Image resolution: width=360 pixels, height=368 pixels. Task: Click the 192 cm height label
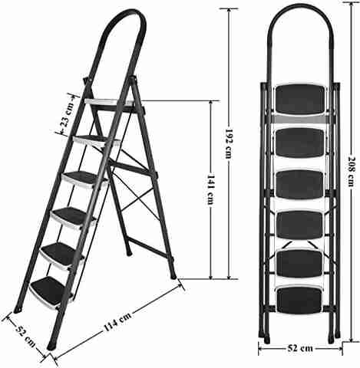tap(228, 143)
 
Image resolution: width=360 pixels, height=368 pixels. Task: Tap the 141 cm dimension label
tap(210, 189)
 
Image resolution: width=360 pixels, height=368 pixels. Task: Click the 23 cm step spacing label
tap(65, 115)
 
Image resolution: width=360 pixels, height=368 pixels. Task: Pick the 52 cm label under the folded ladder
tap(300, 348)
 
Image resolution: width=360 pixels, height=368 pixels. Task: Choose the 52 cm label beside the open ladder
tap(25, 336)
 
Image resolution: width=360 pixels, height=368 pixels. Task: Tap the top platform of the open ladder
tap(110, 102)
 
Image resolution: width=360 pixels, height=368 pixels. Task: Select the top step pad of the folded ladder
tap(301, 100)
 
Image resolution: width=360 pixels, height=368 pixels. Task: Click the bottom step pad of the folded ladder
tap(299, 301)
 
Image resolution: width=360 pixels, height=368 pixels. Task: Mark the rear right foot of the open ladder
tap(173, 275)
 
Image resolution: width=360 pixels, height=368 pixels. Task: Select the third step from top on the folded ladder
tap(300, 184)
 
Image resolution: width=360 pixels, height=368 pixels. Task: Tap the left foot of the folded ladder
tap(267, 339)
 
